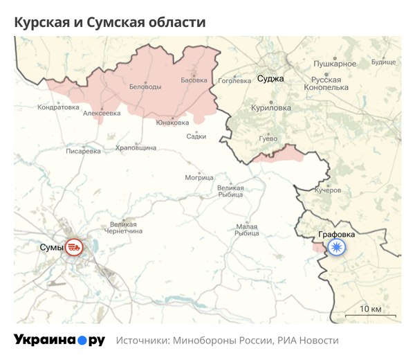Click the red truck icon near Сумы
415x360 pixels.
pos(74,246)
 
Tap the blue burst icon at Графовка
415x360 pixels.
pos(337,247)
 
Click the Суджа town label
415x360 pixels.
pos(270,78)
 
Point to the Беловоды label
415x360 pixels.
pos(145,87)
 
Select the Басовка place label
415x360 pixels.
pos(194,80)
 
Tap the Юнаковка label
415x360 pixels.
pos(172,123)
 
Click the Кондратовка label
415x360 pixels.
pos(59,107)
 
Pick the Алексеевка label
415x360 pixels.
pos(102,113)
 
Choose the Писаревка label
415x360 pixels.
pos(83,150)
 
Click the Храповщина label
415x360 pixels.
pos(136,147)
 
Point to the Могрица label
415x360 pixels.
pos(199,177)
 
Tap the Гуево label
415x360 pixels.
pos(268,138)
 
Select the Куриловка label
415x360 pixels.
pos(271,108)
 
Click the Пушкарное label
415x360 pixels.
pos(335,64)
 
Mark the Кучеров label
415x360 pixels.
pos(328,190)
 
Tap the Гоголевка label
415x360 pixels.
pos(235,80)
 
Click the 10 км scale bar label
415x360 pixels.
pos(371,308)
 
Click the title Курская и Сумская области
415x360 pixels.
pos(110,22)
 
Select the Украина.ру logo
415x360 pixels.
pos(59,341)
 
